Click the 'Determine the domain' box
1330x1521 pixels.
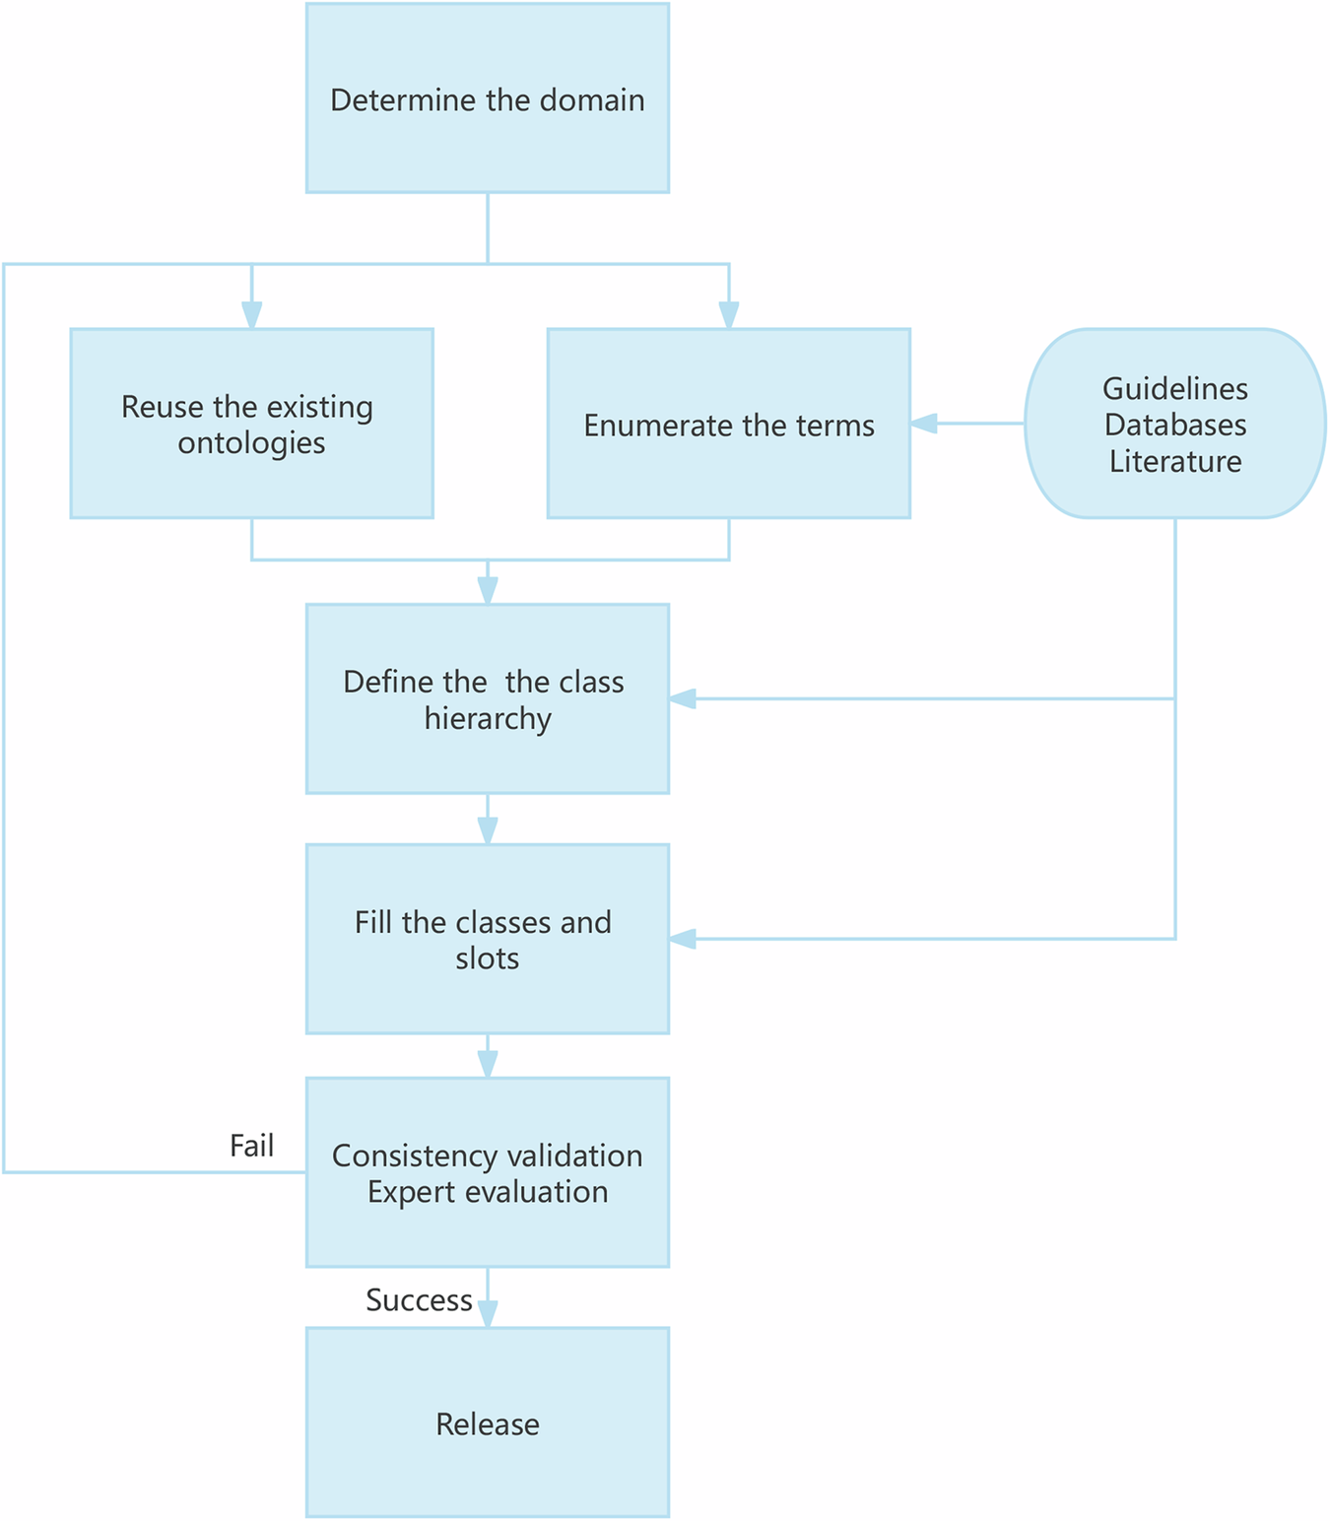click(x=487, y=99)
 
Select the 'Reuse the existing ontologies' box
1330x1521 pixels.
click(x=251, y=424)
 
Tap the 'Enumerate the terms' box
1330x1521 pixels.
click(x=728, y=424)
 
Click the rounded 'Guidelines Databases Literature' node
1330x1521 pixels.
click(x=1174, y=424)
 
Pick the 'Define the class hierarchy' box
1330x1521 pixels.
click(x=487, y=698)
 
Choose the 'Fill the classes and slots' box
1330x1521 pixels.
click(x=487, y=939)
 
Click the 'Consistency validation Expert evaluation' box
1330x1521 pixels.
click(x=487, y=1172)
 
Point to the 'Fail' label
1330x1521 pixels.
click(x=251, y=1146)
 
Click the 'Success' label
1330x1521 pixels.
click(x=419, y=1300)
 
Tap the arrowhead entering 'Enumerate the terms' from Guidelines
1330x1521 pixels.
click(x=923, y=424)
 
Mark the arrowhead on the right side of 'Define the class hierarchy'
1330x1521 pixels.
click(x=683, y=698)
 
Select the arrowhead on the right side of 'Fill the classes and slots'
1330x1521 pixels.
click(x=683, y=939)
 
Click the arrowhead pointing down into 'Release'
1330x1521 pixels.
click(x=488, y=1314)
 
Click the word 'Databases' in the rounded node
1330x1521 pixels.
click(x=1174, y=425)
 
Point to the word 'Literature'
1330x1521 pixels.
click(x=1174, y=461)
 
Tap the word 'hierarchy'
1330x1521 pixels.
click(x=487, y=718)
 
